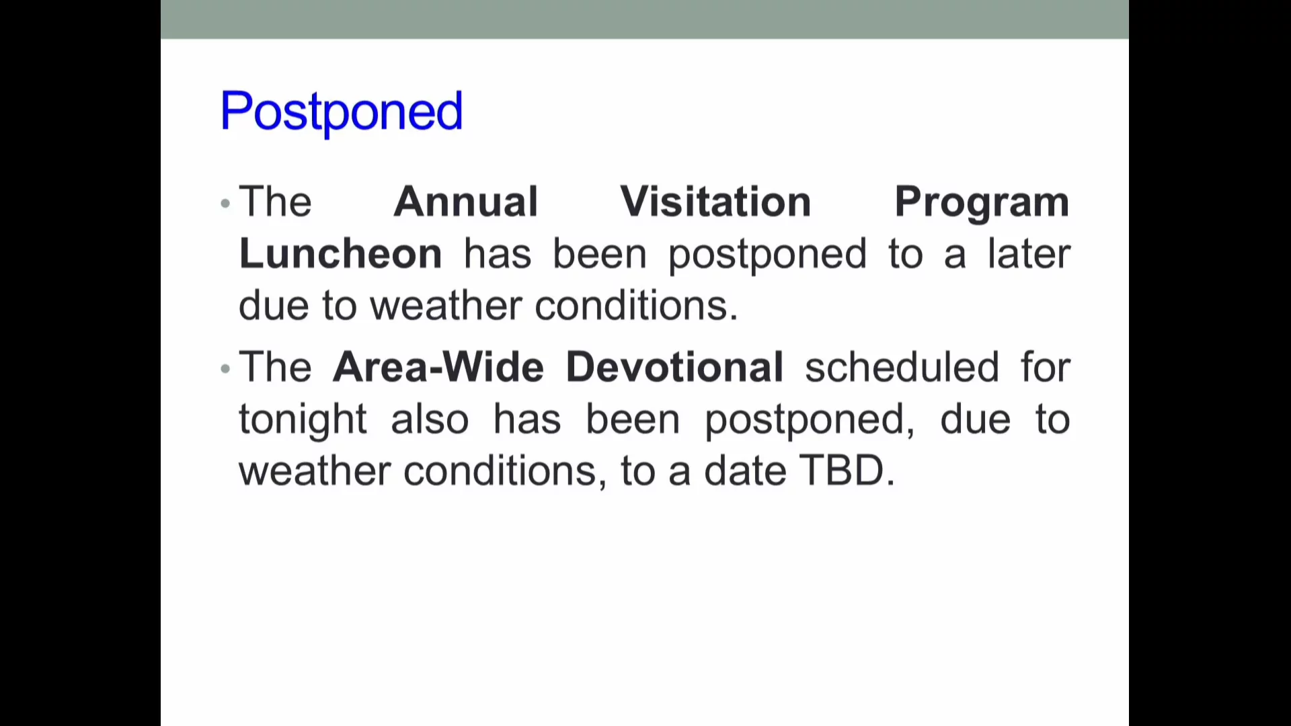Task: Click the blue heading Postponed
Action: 341,112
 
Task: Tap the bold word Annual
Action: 466,202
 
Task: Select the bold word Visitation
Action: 715,202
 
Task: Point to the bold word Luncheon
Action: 340,254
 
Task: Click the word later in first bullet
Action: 1028,254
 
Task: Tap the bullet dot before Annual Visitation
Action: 225,203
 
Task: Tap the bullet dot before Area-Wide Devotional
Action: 225,368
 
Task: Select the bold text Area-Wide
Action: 438,368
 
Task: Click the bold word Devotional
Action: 674,368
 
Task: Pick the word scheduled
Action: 902,368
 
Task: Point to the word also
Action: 430,420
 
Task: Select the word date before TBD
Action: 744,471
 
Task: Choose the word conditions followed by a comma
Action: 500,471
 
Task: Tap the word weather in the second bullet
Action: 315,471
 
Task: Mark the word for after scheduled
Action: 1045,368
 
